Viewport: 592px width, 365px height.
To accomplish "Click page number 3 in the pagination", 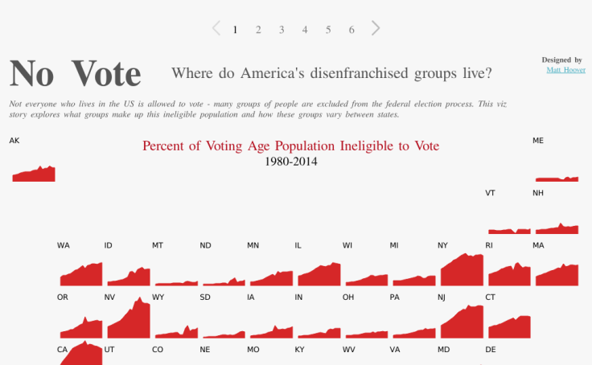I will click(282, 30).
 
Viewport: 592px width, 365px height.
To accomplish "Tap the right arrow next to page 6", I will click(376, 28).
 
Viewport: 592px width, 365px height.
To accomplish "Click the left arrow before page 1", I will click(216, 28).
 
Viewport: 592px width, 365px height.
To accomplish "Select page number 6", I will click(351, 30).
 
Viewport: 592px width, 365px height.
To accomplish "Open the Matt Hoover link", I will click(565, 70).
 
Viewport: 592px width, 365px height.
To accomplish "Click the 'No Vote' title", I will click(75, 73).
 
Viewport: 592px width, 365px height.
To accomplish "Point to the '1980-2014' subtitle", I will click(290, 162).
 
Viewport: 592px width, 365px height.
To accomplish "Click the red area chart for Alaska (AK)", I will click(34, 174).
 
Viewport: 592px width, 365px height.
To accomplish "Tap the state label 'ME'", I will click(538, 141).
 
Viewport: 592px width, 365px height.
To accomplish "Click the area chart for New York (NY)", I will click(462, 273).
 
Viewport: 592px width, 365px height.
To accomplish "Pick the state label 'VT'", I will click(490, 193).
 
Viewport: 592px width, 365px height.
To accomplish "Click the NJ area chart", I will click(462, 324).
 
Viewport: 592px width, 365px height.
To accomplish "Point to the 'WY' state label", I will click(158, 297).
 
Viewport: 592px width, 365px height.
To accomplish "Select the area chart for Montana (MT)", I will click(176, 283).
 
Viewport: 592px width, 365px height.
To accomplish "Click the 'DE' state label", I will click(491, 350).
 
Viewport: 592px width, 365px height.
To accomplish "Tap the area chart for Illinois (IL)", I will click(319, 276).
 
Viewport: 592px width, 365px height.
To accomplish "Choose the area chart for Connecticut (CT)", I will click(510, 328).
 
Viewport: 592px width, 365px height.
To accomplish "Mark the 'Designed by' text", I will click(561, 59).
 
